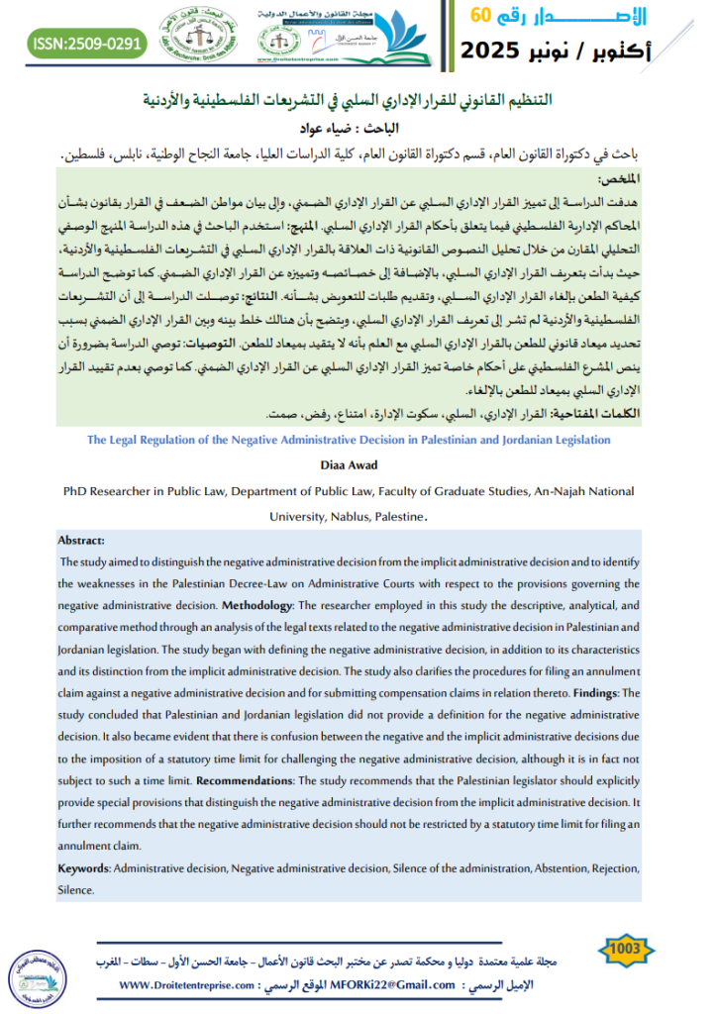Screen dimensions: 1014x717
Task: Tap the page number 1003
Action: pos(627,949)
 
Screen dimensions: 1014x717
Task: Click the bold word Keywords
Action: pos(83,867)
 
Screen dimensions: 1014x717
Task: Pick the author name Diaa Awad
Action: pos(346,465)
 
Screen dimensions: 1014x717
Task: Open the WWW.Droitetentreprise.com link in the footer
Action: pos(187,985)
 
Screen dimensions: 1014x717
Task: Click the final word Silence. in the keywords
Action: pos(76,889)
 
